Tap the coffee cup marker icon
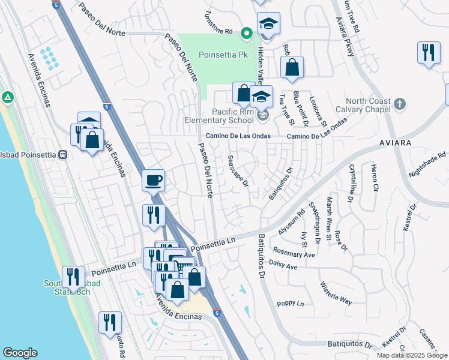[153, 179]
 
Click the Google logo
[20, 352]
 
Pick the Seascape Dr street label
[238, 171]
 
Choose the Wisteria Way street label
[336, 292]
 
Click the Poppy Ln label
[291, 304]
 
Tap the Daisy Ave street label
[283, 265]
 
